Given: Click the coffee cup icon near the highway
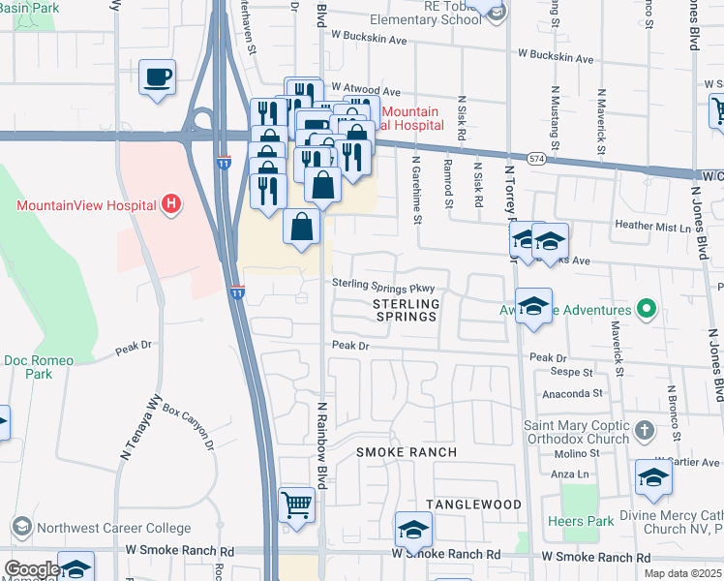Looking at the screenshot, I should click(x=157, y=77).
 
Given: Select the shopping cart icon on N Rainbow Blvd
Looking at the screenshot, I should click(x=297, y=505).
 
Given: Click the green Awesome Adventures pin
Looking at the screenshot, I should click(x=648, y=310).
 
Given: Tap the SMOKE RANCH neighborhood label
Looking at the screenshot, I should click(x=406, y=452).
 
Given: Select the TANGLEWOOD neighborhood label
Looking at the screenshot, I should click(x=474, y=505).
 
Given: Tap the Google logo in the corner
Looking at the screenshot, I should click(x=31, y=569).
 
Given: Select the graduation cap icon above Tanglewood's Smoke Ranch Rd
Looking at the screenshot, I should click(x=413, y=530).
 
